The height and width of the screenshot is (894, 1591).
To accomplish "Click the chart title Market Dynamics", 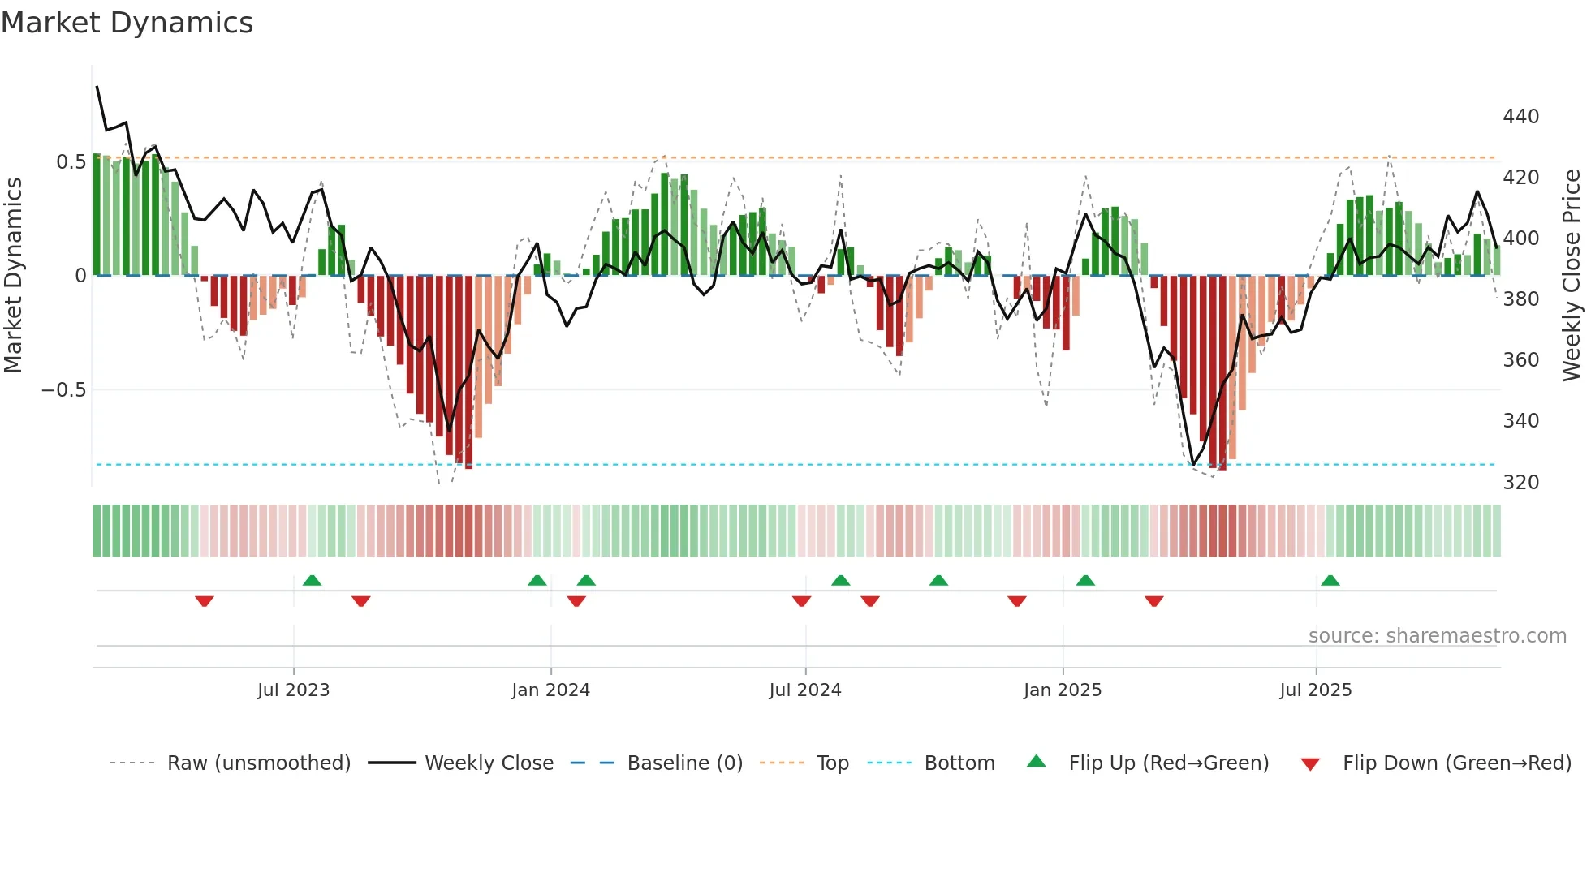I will tap(127, 23).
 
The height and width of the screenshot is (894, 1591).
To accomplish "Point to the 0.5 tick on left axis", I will tap(71, 161).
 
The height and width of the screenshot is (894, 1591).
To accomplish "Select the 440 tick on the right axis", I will tap(1520, 117).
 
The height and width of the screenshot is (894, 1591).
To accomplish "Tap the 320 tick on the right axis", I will tap(1520, 483).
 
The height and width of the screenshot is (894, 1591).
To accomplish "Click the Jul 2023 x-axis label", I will tap(293, 690).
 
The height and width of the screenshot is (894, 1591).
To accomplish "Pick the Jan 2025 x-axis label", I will tap(1062, 690).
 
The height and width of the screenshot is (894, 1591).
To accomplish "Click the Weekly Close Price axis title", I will tap(1572, 276).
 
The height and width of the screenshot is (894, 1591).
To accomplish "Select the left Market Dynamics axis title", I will tap(13, 276).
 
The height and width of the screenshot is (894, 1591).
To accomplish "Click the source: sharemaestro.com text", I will tap(1437, 636).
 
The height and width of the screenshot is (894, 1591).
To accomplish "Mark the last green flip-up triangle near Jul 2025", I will tap(1330, 581).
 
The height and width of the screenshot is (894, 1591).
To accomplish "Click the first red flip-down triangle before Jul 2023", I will tap(205, 601).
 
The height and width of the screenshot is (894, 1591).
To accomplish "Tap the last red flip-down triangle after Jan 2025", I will tap(1153, 601).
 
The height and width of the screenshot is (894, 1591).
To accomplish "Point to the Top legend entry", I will tap(832, 763).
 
